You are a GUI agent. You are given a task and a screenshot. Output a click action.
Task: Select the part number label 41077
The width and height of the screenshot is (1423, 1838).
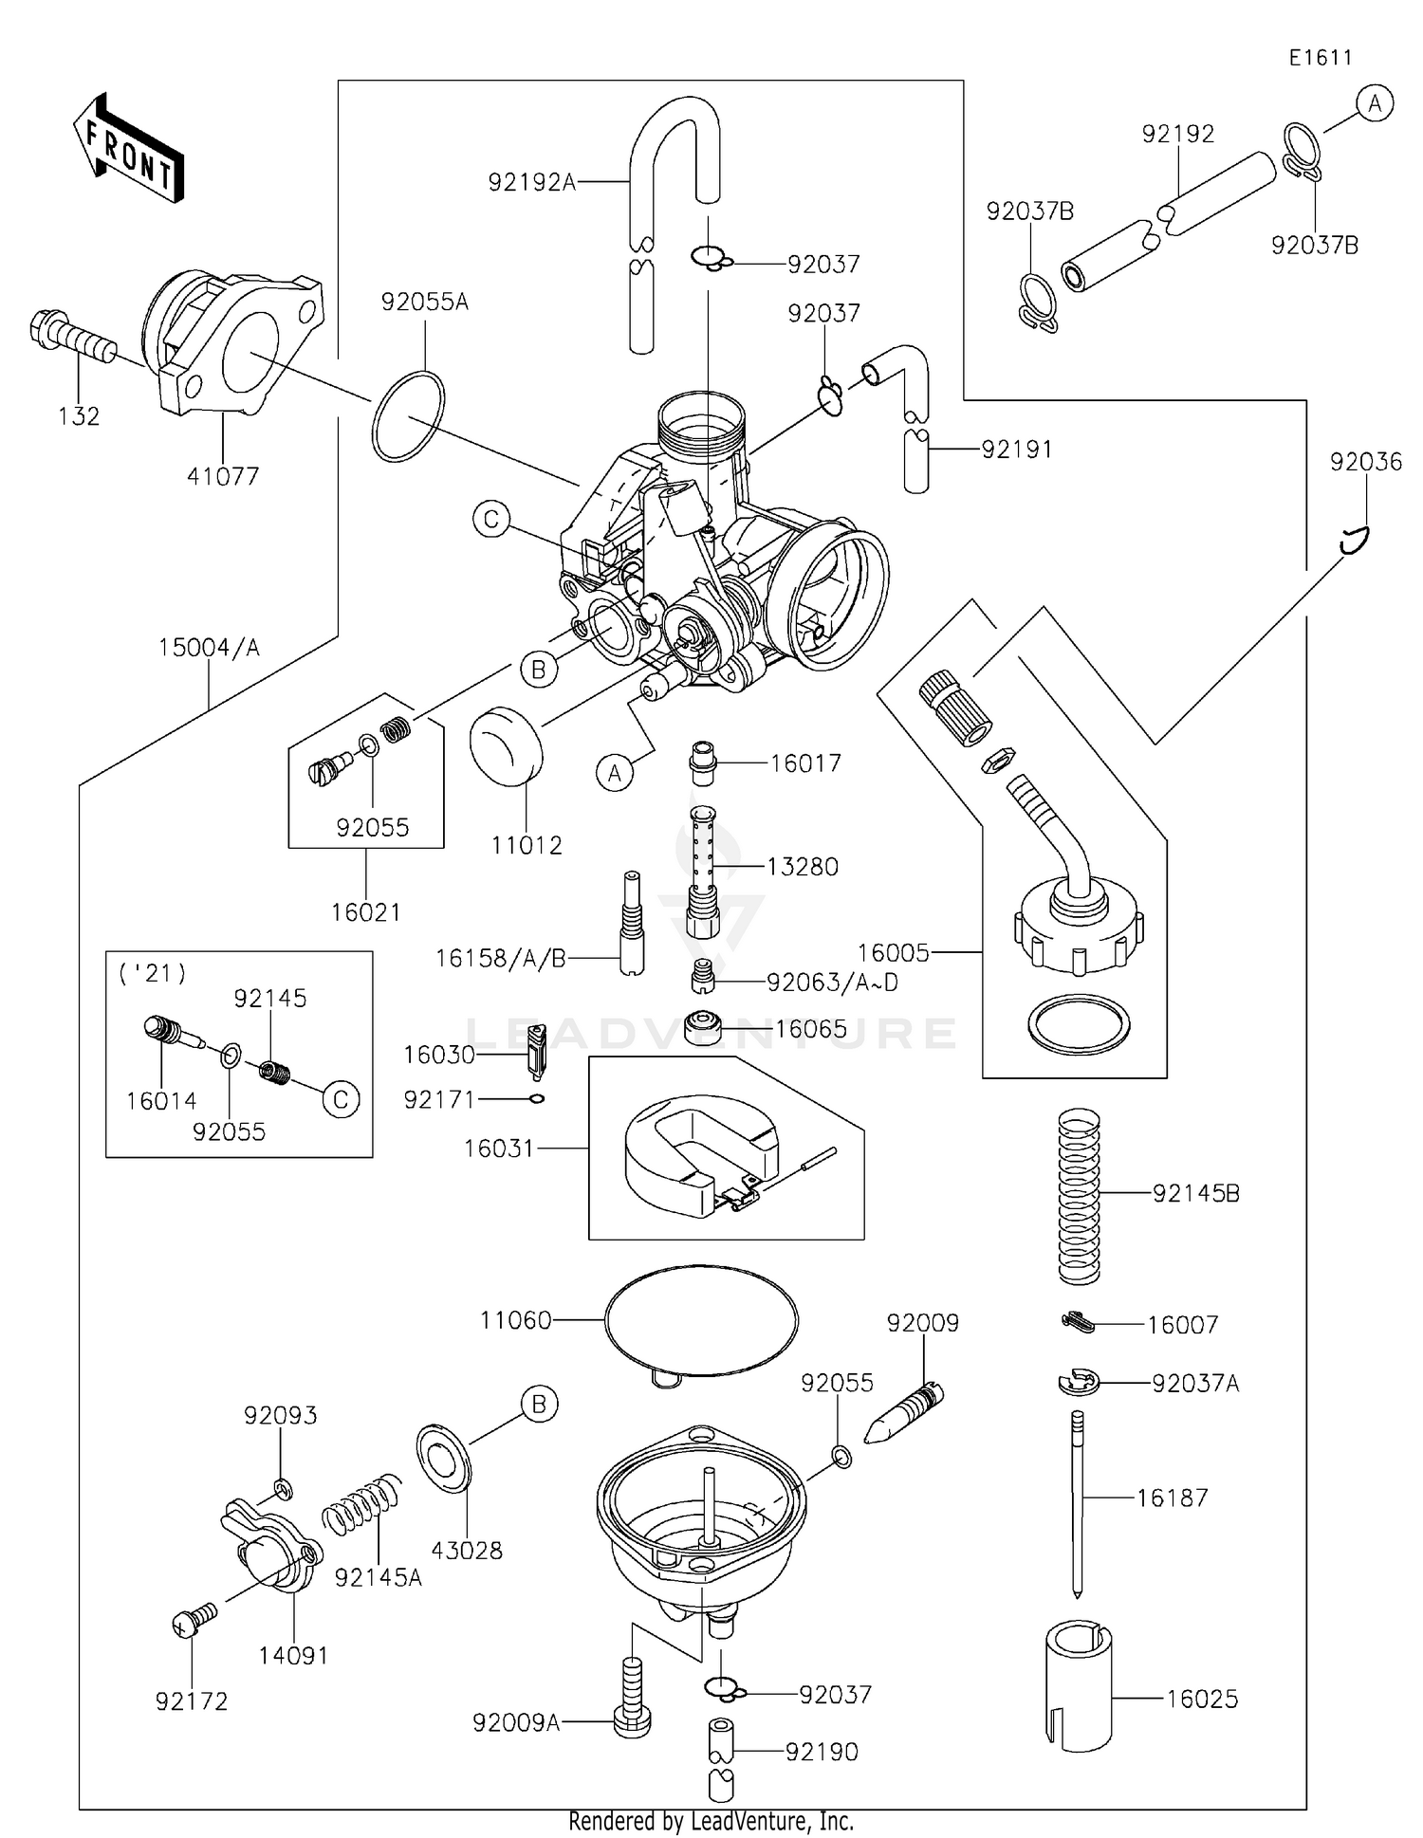223,476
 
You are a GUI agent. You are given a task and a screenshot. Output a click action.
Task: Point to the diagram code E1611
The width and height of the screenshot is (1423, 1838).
1320,58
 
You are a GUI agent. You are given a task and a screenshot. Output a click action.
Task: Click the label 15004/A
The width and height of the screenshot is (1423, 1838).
209,648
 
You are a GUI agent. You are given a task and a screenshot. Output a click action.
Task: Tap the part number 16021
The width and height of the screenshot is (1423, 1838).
366,912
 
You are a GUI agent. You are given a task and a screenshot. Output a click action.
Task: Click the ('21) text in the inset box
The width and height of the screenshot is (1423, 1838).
152,973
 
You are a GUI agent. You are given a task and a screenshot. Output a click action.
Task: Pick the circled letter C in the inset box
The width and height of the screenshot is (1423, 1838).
341,1099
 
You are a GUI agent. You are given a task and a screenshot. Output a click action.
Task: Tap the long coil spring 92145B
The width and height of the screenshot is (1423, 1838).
1079,1197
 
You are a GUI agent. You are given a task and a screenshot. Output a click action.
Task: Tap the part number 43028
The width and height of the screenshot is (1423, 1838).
467,1551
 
